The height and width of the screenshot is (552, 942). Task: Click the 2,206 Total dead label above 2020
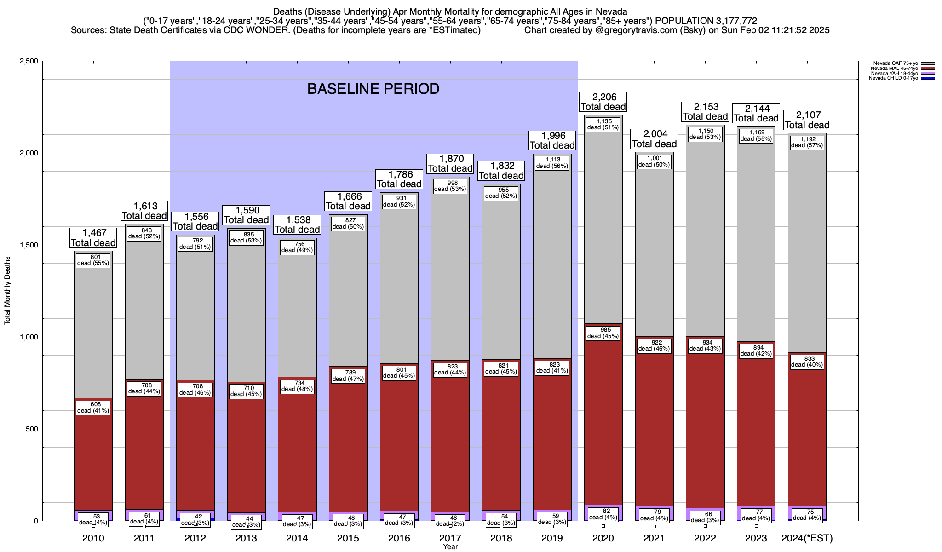pos(603,102)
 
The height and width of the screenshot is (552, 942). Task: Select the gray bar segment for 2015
pos(348,299)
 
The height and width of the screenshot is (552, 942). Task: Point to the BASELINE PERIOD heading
pos(373,89)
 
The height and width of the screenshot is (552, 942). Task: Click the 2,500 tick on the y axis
pos(29,61)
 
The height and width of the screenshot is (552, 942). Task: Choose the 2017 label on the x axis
pos(450,538)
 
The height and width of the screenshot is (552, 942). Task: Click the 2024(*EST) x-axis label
pos(807,538)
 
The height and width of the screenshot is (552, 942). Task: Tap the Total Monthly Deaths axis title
pos(7,291)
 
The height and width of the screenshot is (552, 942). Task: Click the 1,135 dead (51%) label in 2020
pos(603,124)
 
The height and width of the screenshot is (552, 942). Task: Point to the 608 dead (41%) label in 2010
pos(93,408)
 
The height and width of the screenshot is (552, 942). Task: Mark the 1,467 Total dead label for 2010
pos(93,238)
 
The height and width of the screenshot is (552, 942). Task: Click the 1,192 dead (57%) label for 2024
pos(807,142)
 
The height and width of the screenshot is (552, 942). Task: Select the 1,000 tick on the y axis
pos(29,337)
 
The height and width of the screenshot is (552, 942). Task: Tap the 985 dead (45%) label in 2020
pos(603,333)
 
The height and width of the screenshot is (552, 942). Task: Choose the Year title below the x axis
pos(450,546)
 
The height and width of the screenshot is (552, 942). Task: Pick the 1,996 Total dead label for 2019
pos(552,140)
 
